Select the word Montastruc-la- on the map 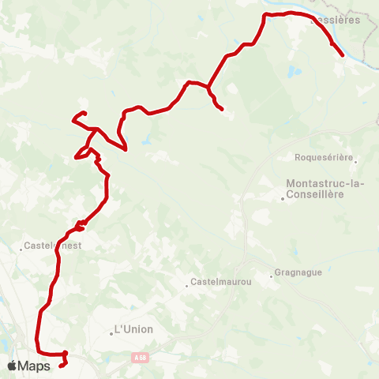(319, 184)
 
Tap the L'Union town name (133, 328)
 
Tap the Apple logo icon (13, 366)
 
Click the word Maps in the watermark (36, 366)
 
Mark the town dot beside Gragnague (270, 276)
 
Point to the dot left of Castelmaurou (187, 285)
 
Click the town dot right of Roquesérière (356, 161)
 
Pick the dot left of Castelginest (21, 249)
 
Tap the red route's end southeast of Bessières (341, 55)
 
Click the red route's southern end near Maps (61, 366)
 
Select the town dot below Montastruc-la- (283, 199)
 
